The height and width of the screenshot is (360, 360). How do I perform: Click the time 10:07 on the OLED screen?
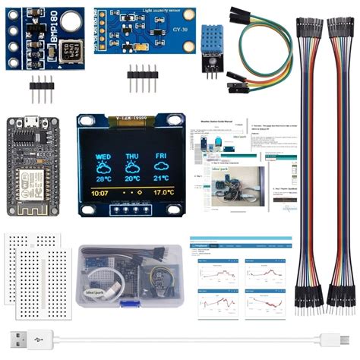[x=99, y=194]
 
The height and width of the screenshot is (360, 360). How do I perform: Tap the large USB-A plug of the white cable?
[x=24, y=339]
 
